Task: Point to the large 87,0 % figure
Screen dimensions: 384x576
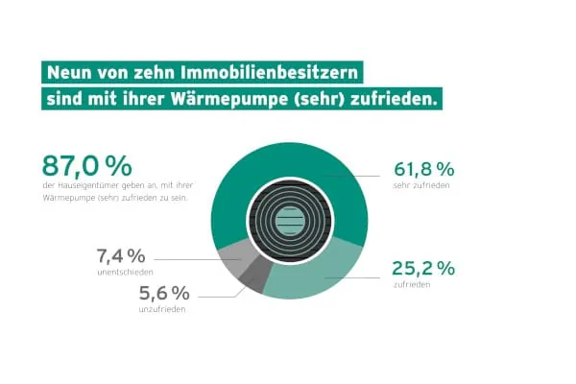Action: pos(86,165)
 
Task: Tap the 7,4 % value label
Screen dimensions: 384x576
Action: pos(121,256)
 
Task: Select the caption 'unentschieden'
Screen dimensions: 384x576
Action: pos(122,273)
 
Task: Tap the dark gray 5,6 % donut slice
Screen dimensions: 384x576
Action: pos(252,278)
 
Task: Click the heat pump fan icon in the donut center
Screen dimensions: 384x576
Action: pos(288,220)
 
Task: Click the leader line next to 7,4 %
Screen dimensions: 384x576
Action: pos(187,258)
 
